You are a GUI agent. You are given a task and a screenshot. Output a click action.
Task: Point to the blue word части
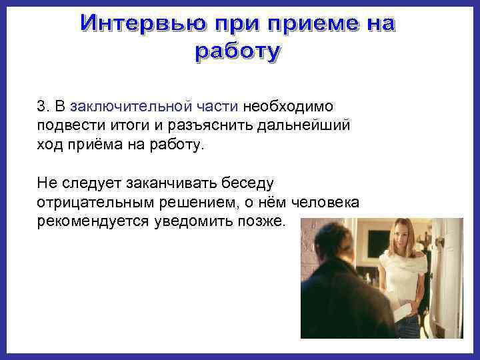[x=219, y=107]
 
